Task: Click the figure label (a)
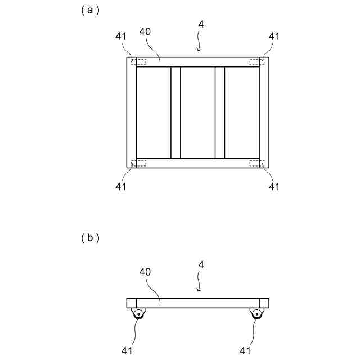pyautogui.click(x=90, y=11)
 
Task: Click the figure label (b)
pyautogui.click(x=90, y=237)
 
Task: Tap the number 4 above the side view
pyautogui.click(x=201, y=264)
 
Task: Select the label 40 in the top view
pyautogui.click(x=145, y=32)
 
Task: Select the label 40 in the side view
pyautogui.click(x=145, y=272)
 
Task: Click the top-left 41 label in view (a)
pyautogui.click(x=121, y=36)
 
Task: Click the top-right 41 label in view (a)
pyautogui.click(x=274, y=36)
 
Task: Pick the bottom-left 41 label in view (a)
pyautogui.click(x=121, y=186)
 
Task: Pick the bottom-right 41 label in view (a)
pyautogui.click(x=274, y=186)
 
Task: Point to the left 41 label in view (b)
pyautogui.click(x=127, y=350)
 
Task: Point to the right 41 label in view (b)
pyautogui.click(x=245, y=350)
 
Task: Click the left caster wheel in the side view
pyautogui.click(x=138, y=314)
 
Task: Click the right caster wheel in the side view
pyautogui.click(x=258, y=314)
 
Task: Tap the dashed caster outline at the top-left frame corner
pyautogui.click(x=138, y=62)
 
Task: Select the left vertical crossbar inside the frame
pyautogui.click(x=176, y=112)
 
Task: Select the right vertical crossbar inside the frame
pyautogui.click(x=220, y=112)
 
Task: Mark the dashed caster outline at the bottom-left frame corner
pyautogui.click(x=138, y=163)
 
